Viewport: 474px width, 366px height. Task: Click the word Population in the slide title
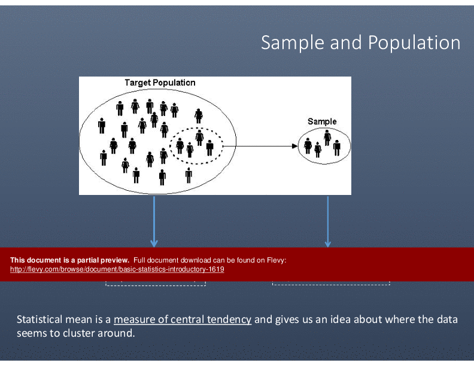click(x=414, y=42)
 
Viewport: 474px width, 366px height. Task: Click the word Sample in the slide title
click(x=293, y=42)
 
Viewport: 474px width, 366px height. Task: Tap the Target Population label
click(x=160, y=83)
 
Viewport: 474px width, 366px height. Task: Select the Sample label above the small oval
click(x=322, y=121)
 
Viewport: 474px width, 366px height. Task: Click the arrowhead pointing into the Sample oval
click(x=294, y=146)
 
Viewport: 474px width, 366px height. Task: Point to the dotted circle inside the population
click(x=196, y=128)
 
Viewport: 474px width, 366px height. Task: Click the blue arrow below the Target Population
click(x=154, y=222)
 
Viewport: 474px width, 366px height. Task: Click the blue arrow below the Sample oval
click(x=328, y=222)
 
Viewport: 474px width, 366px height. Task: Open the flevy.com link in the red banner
click(x=117, y=269)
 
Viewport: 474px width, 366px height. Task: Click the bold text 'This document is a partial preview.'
click(x=69, y=260)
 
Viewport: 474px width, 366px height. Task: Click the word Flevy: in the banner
click(x=276, y=260)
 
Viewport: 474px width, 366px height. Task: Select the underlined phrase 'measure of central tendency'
click(x=183, y=319)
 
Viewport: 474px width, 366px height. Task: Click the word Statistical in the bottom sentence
click(x=39, y=319)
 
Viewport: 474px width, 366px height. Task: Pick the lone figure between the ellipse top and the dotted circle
click(x=199, y=116)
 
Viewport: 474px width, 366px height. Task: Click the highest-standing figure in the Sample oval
click(x=327, y=138)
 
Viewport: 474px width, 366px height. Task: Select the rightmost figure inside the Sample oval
click(x=337, y=148)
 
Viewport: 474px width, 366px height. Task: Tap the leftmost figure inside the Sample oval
click(x=308, y=146)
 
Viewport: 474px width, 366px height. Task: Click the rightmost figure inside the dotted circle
click(x=210, y=148)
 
